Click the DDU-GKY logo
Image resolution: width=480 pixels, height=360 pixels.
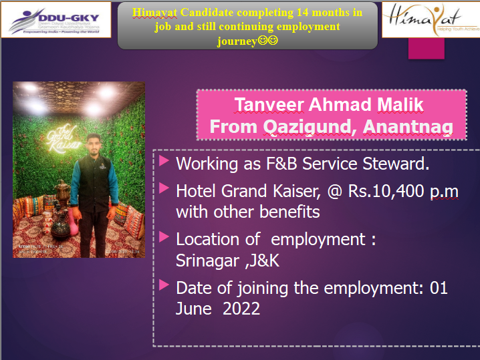coord(55,20)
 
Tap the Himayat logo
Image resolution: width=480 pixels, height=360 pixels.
coord(431,19)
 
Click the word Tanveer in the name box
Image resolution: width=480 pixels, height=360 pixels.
coord(269,105)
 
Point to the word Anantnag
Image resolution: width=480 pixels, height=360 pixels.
coord(408,127)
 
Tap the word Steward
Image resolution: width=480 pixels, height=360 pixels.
coord(396,164)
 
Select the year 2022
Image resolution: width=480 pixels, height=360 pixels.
coord(241,309)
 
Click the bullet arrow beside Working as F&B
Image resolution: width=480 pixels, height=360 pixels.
coord(164,161)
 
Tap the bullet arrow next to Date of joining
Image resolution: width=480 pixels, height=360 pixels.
coord(164,285)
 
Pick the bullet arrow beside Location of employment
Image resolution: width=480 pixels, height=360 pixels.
coord(164,236)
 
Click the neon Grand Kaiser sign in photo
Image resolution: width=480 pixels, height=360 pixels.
coord(64,139)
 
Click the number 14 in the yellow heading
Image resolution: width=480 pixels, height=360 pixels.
coord(303,13)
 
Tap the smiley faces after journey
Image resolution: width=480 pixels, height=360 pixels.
coord(268,40)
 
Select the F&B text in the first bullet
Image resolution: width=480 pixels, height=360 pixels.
coord(281,164)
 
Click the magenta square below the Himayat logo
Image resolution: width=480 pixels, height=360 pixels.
coord(426,48)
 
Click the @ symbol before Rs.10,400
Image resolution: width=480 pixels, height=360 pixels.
coord(334,192)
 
